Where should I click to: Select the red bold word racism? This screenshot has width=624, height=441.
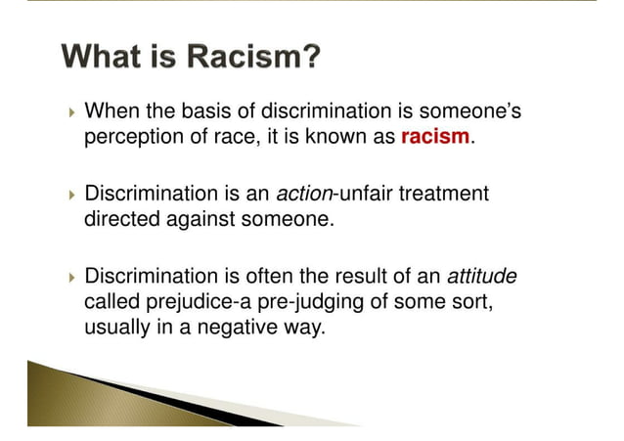(435, 137)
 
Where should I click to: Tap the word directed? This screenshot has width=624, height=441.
(116, 219)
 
